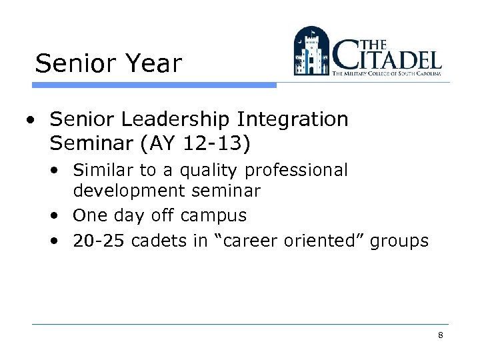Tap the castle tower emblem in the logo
312,51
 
